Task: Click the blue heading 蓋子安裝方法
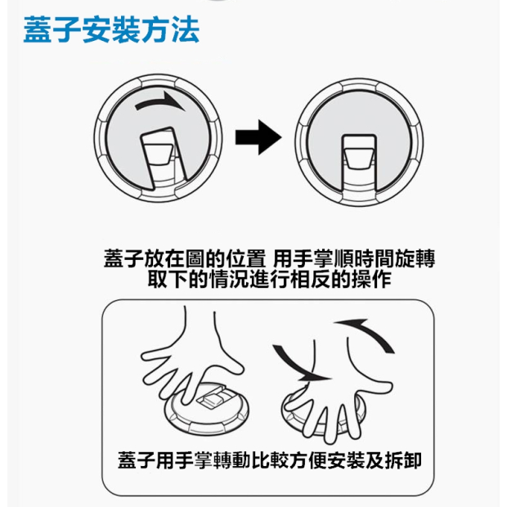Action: [x=111, y=29]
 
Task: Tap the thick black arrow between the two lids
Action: [x=258, y=137]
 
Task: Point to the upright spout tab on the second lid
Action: [x=359, y=163]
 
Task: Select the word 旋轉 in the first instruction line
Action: [x=415, y=258]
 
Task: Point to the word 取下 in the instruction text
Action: [x=168, y=279]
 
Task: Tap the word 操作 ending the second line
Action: [x=372, y=279]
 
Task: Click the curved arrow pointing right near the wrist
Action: [x=296, y=364]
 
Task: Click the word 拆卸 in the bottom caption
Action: [x=403, y=460]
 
